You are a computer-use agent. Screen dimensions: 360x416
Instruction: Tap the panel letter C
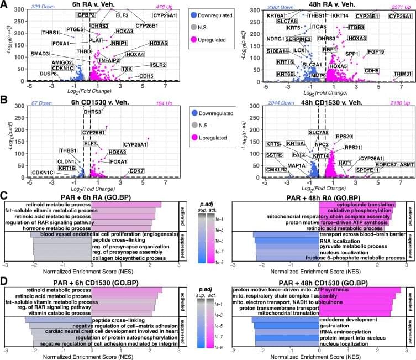pyautogui.click(x=4, y=196)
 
